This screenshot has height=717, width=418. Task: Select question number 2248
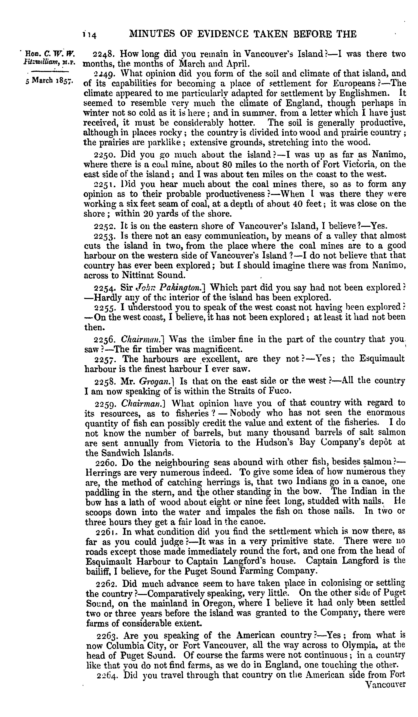click(x=104, y=54)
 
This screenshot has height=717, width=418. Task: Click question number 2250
click(x=104, y=155)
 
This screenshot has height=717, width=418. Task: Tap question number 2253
click(x=104, y=236)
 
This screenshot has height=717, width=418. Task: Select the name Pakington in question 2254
click(x=182, y=288)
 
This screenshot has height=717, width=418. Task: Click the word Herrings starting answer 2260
click(x=101, y=473)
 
